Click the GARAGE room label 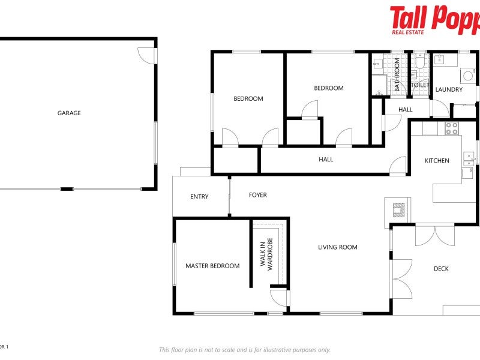(69, 113)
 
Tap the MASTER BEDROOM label (212, 266)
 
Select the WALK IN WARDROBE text (266, 254)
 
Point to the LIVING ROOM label (338, 247)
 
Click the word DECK (441, 269)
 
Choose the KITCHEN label (437, 160)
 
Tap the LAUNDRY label (449, 89)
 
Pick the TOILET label (420, 85)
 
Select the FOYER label (258, 195)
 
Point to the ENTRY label (199, 197)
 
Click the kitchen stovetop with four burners (451, 128)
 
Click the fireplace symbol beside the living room (397, 209)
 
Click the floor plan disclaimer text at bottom (244, 350)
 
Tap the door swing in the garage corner (146, 55)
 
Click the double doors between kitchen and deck (435, 234)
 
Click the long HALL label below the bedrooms (326, 160)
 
